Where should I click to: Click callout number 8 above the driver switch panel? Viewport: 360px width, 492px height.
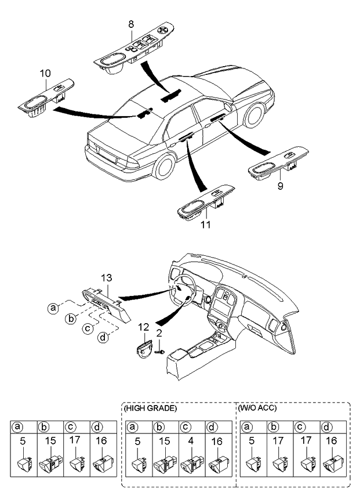131,24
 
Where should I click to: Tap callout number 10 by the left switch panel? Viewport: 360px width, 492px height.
45,74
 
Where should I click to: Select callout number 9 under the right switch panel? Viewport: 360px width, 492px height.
281,186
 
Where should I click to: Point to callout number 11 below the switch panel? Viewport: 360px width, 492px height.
205,225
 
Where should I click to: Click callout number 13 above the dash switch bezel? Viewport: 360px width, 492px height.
106,278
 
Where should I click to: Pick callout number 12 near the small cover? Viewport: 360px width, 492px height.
144,328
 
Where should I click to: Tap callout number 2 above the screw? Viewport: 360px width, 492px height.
159,333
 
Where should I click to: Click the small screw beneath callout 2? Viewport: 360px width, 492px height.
160,352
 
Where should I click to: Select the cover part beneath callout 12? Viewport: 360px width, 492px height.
144,348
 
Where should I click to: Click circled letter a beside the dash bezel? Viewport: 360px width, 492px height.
53,308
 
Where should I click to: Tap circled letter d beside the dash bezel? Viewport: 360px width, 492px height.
103,337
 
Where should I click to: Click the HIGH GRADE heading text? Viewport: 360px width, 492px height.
151,408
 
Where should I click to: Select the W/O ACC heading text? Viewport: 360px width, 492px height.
257,408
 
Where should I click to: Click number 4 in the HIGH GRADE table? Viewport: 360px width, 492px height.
191,441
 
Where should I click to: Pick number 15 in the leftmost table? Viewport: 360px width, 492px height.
50,441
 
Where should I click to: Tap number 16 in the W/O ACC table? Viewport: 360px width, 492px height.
331,441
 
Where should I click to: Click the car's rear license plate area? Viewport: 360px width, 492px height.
107,155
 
